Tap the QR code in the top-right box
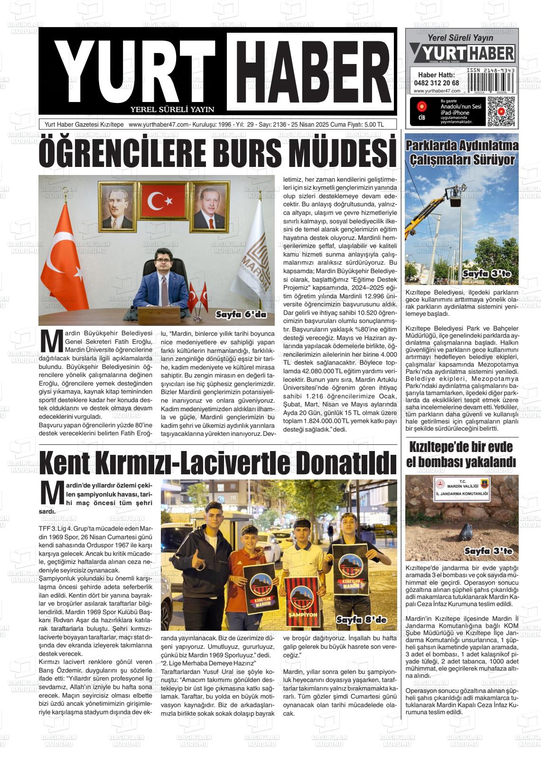pyautogui.click(x=501, y=111)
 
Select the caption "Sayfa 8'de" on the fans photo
pyautogui.click(x=362, y=620)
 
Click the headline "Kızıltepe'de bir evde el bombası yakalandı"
pyautogui.click(x=462, y=454)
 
